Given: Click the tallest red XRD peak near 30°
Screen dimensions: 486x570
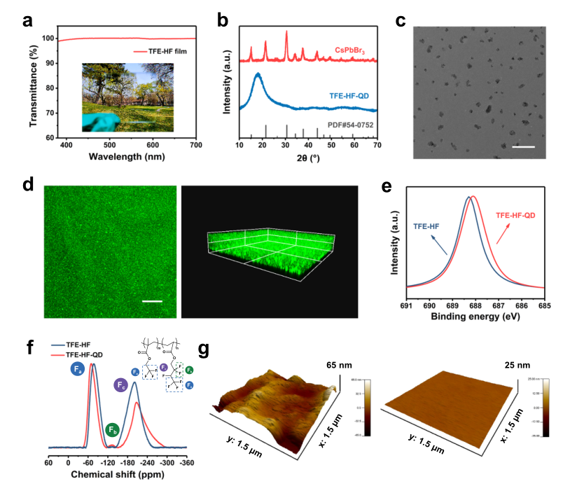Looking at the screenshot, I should pos(286,32).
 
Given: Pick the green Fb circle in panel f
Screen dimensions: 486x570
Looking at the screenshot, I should pos(112,430).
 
